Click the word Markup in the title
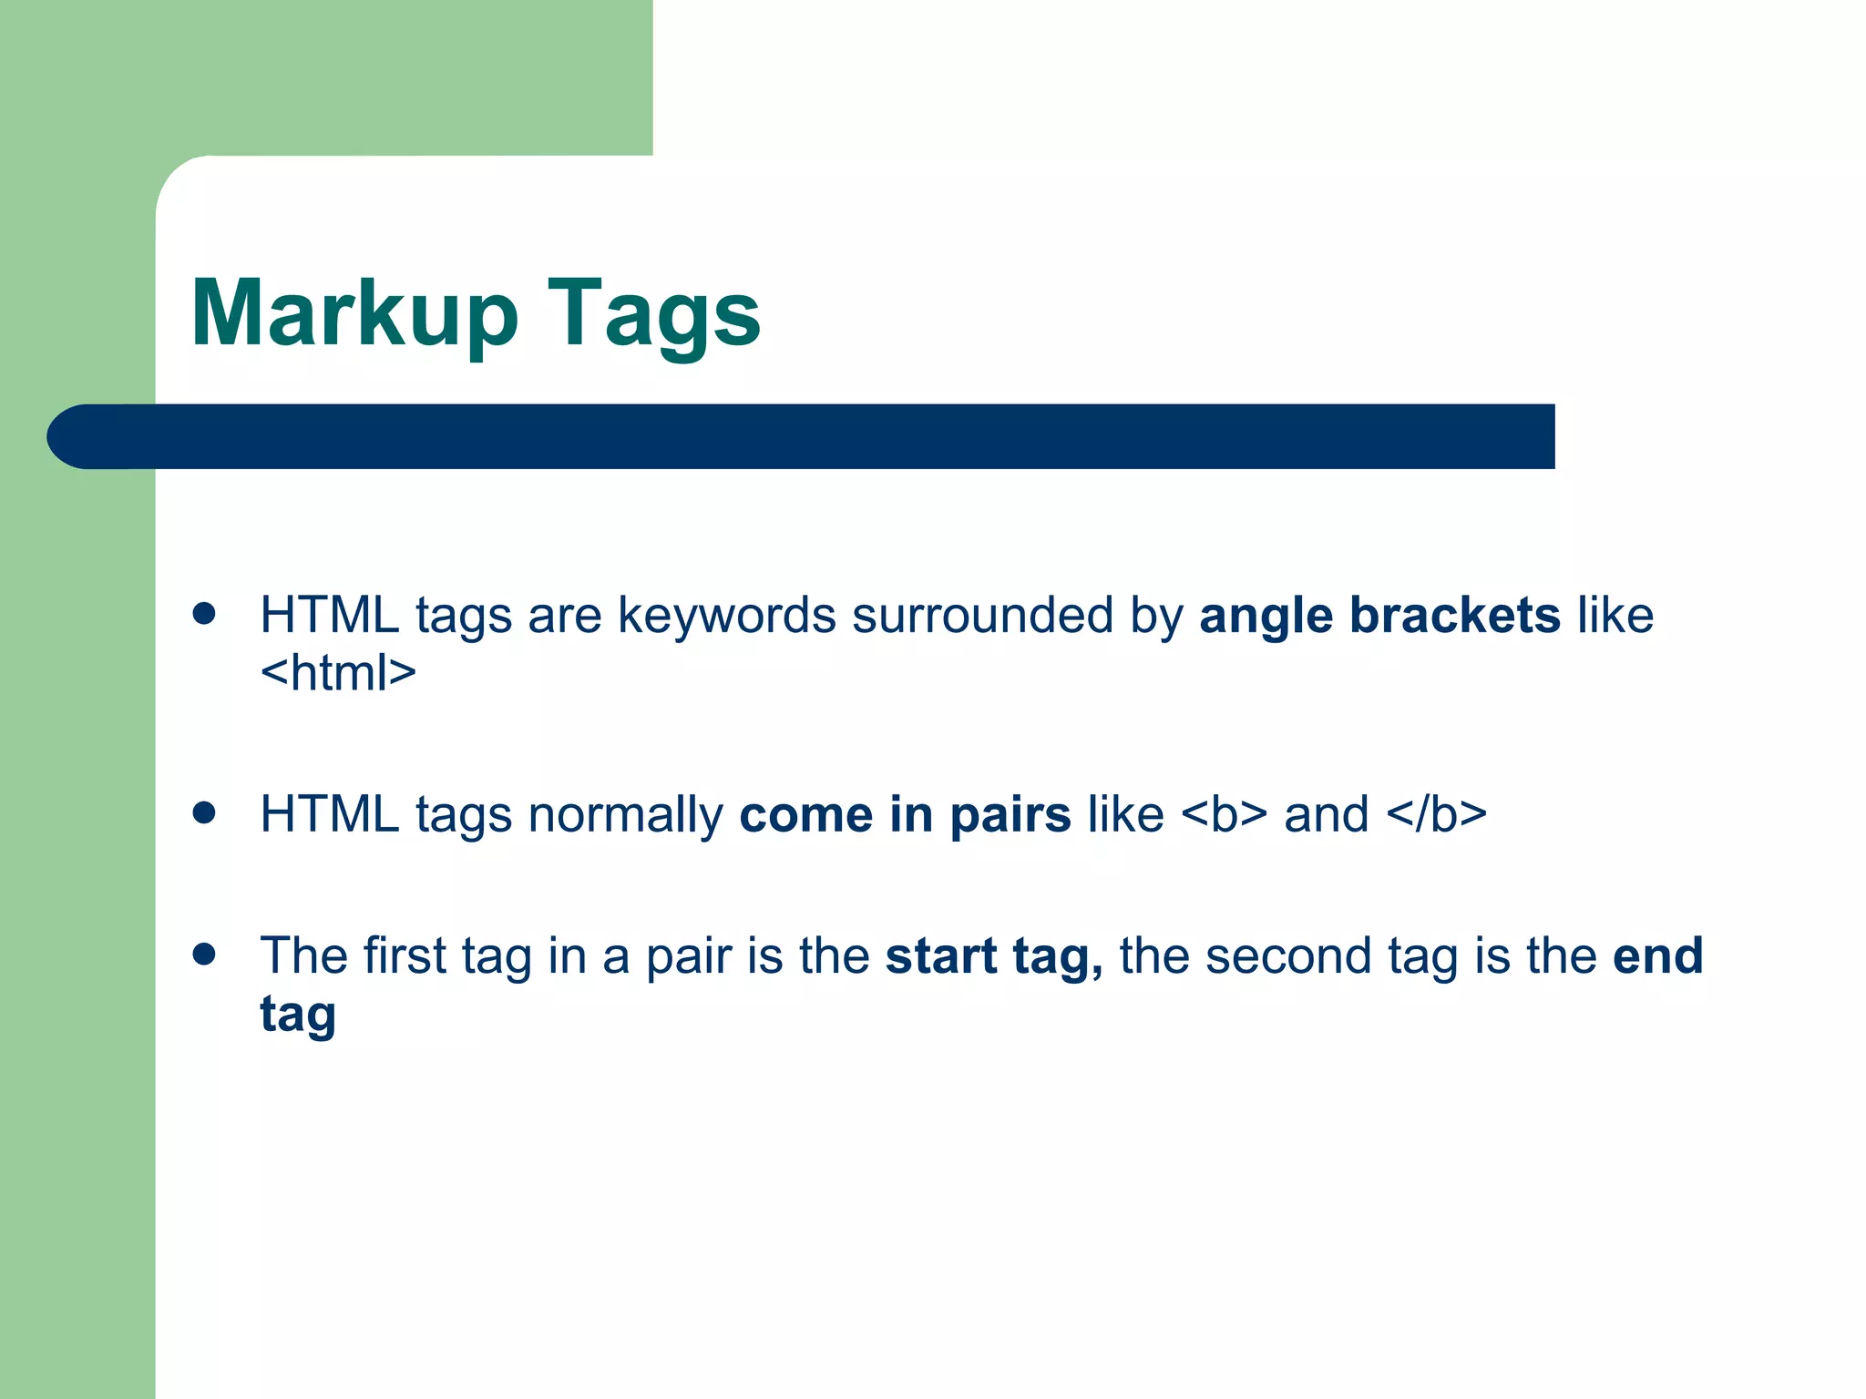(354, 314)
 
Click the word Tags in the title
(653, 314)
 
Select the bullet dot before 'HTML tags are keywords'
(204, 613)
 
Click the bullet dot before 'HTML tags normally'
(204, 812)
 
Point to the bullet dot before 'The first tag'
(204, 954)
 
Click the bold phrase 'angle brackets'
(1379, 615)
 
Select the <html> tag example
(338, 673)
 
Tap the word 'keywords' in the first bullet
(726, 615)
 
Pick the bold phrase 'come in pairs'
(905, 814)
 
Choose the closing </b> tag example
(1436, 814)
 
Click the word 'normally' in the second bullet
(625, 814)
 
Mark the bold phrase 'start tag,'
(994, 957)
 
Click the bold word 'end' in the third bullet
(1657, 955)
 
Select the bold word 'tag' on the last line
(298, 1016)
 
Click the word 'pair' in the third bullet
(688, 957)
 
